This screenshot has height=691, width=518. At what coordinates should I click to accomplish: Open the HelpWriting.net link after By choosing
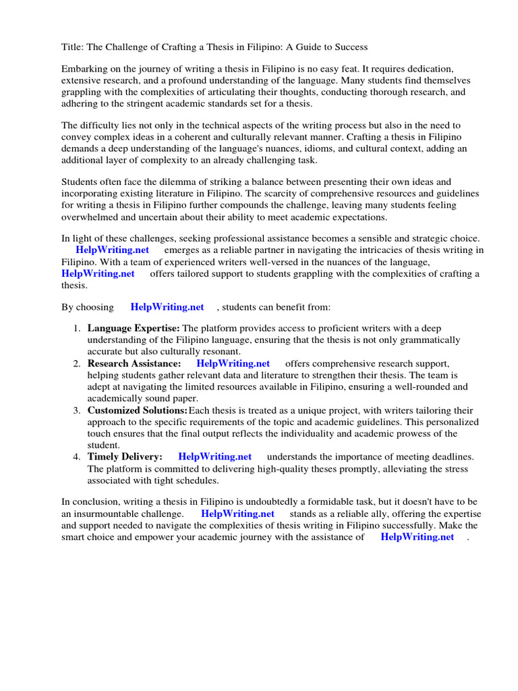pyautogui.click(x=167, y=307)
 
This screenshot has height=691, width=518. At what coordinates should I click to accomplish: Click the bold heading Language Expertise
pyautogui.click(x=134, y=328)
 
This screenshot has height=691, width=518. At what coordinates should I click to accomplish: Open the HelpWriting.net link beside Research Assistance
pyautogui.click(x=233, y=364)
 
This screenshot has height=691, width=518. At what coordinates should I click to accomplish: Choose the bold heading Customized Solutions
pyautogui.click(x=138, y=410)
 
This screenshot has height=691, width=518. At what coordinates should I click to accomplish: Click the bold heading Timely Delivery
pyautogui.click(x=125, y=457)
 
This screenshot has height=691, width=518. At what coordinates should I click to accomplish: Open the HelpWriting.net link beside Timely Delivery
pyautogui.click(x=215, y=457)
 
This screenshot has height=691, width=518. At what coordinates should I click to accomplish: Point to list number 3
pyautogui.click(x=77, y=410)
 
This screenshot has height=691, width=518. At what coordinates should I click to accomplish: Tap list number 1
pyautogui.click(x=77, y=328)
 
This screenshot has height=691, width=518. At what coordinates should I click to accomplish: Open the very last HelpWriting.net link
pyautogui.click(x=418, y=536)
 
